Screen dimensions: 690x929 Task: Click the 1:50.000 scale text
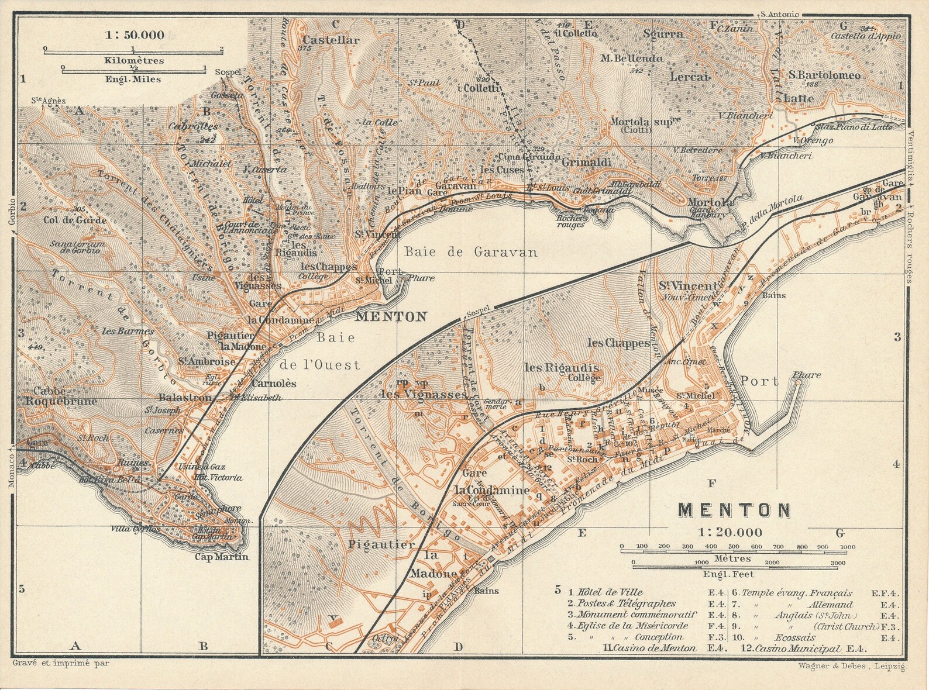[135, 35]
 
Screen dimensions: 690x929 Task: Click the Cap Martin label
[222, 557]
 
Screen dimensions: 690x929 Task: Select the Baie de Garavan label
[470, 252]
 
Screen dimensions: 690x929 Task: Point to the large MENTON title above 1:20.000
[734, 510]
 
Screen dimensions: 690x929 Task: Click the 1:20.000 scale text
[730, 532]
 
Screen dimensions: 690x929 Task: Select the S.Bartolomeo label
[824, 75]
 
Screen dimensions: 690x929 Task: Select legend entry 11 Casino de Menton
[649, 648]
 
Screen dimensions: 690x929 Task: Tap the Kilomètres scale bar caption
[134, 60]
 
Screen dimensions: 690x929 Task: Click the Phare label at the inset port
[807, 375]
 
